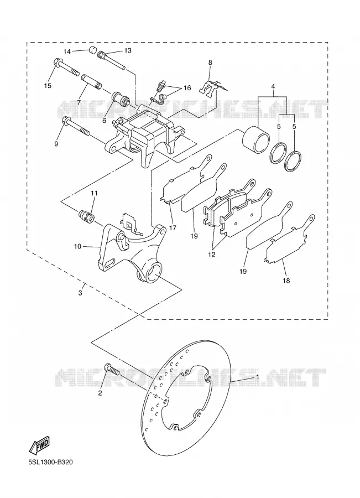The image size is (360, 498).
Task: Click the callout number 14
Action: coord(67,51)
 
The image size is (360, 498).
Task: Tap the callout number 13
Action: coord(128,50)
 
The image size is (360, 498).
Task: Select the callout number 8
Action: coord(210,63)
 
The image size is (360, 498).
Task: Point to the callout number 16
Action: coord(187,87)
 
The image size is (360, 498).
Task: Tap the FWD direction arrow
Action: coord(39,444)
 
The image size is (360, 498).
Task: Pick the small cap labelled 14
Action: coord(92,50)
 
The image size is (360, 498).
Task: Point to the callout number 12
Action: coord(212,255)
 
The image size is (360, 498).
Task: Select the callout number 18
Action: coord(286,281)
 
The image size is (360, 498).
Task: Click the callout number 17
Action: coord(173,228)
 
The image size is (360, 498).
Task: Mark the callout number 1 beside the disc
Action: coord(258,376)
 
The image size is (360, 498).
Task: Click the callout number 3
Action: coord(80,293)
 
